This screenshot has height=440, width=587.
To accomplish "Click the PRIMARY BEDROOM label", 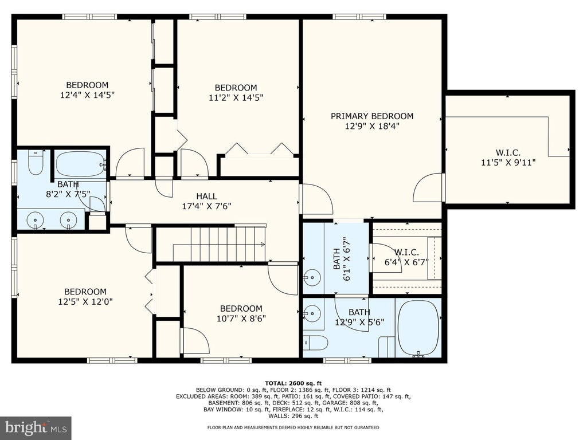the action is click(x=371, y=116).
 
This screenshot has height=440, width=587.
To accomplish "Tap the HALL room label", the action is click(x=206, y=196).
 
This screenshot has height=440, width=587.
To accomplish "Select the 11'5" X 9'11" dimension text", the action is click(x=508, y=162).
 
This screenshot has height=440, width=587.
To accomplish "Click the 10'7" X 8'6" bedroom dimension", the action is click(x=241, y=319).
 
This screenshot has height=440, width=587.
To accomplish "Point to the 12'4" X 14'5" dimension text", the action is click(x=87, y=95).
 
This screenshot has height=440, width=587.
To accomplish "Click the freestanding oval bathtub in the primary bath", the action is click(x=418, y=328).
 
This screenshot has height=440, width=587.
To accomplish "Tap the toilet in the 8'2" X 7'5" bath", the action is click(x=36, y=162).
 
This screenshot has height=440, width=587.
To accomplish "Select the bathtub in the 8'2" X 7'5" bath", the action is click(x=81, y=164).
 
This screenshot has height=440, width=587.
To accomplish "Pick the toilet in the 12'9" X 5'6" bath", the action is click(x=315, y=343).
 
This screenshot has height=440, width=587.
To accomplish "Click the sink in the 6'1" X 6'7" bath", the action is click(x=311, y=277).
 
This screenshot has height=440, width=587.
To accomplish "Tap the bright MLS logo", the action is click(x=36, y=427).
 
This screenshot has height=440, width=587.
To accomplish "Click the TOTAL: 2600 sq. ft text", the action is click(x=293, y=383).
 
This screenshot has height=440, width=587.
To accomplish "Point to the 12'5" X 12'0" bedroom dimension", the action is click(x=85, y=301).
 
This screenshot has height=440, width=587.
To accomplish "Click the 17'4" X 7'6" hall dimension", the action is click(x=206, y=206).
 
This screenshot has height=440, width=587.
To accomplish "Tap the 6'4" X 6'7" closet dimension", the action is click(x=406, y=262).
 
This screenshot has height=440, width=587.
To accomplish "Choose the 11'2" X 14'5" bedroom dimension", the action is click(x=236, y=97).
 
